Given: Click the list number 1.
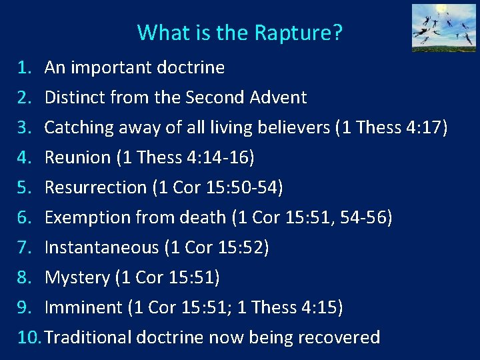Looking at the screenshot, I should click(x=25, y=67).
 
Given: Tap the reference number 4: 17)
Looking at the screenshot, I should click(x=427, y=127).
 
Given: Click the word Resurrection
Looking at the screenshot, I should click(x=95, y=187).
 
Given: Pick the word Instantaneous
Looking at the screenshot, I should click(x=102, y=247).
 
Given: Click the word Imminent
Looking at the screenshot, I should click(x=83, y=307).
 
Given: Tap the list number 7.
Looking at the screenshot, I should click(x=25, y=247).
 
